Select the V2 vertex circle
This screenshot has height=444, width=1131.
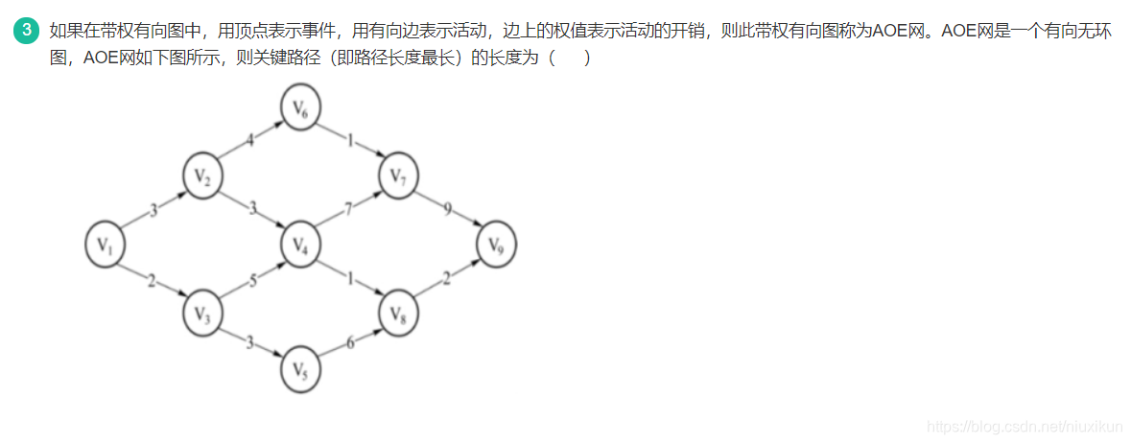201,176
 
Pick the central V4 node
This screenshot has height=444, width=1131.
300,245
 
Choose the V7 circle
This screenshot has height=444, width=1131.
398,175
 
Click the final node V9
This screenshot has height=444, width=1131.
496,245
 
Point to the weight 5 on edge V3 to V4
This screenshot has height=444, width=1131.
253,281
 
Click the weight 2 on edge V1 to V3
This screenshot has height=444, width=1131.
151,280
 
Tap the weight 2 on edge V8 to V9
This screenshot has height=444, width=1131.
446,280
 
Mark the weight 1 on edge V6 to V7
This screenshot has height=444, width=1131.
350,142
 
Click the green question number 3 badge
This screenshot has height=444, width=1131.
28,31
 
